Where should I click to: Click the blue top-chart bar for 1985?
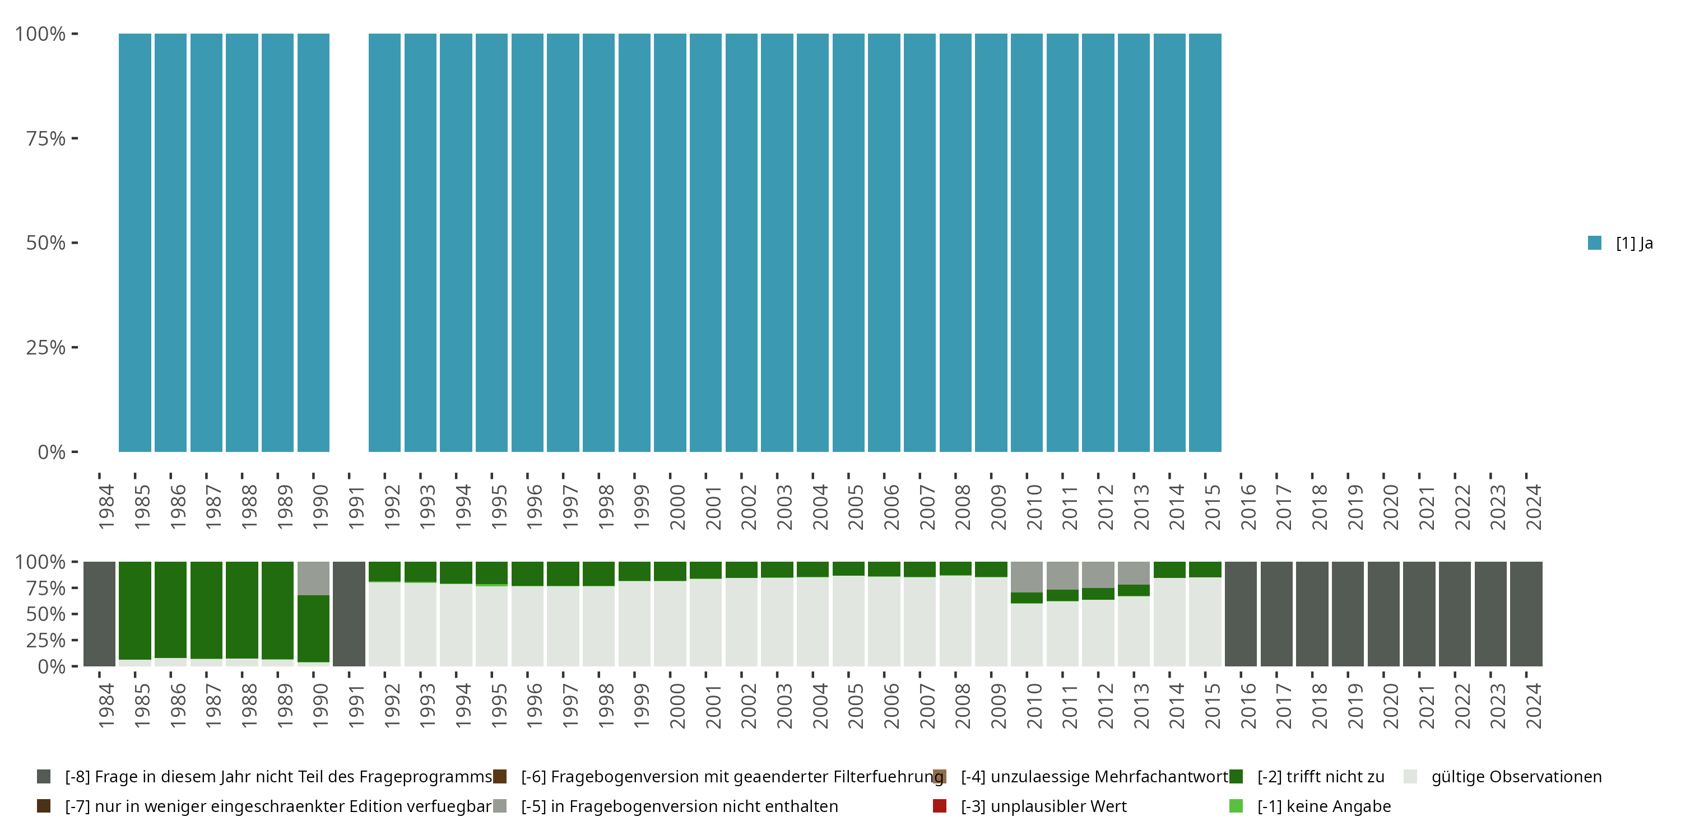[x=134, y=242]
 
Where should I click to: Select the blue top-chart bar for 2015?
[x=1205, y=242]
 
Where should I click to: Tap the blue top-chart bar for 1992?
[x=384, y=242]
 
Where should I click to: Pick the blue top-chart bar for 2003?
[x=777, y=242]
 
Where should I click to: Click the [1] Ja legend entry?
[x=1620, y=243]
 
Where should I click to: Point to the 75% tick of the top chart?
[x=46, y=138]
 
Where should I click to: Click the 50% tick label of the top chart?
[x=46, y=242]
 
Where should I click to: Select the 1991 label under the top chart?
[x=356, y=507]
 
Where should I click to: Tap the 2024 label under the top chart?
[x=1534, y=507]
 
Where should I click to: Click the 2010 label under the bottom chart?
[x=1034, y=706]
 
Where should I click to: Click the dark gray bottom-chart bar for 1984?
[x=99, y=614]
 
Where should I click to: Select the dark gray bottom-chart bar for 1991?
[x=349, y=614]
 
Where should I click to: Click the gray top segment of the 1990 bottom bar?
[x=313, y=578]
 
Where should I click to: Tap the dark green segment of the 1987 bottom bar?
[x=206, y=610]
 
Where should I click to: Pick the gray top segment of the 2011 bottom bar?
[x=1062, y=575]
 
